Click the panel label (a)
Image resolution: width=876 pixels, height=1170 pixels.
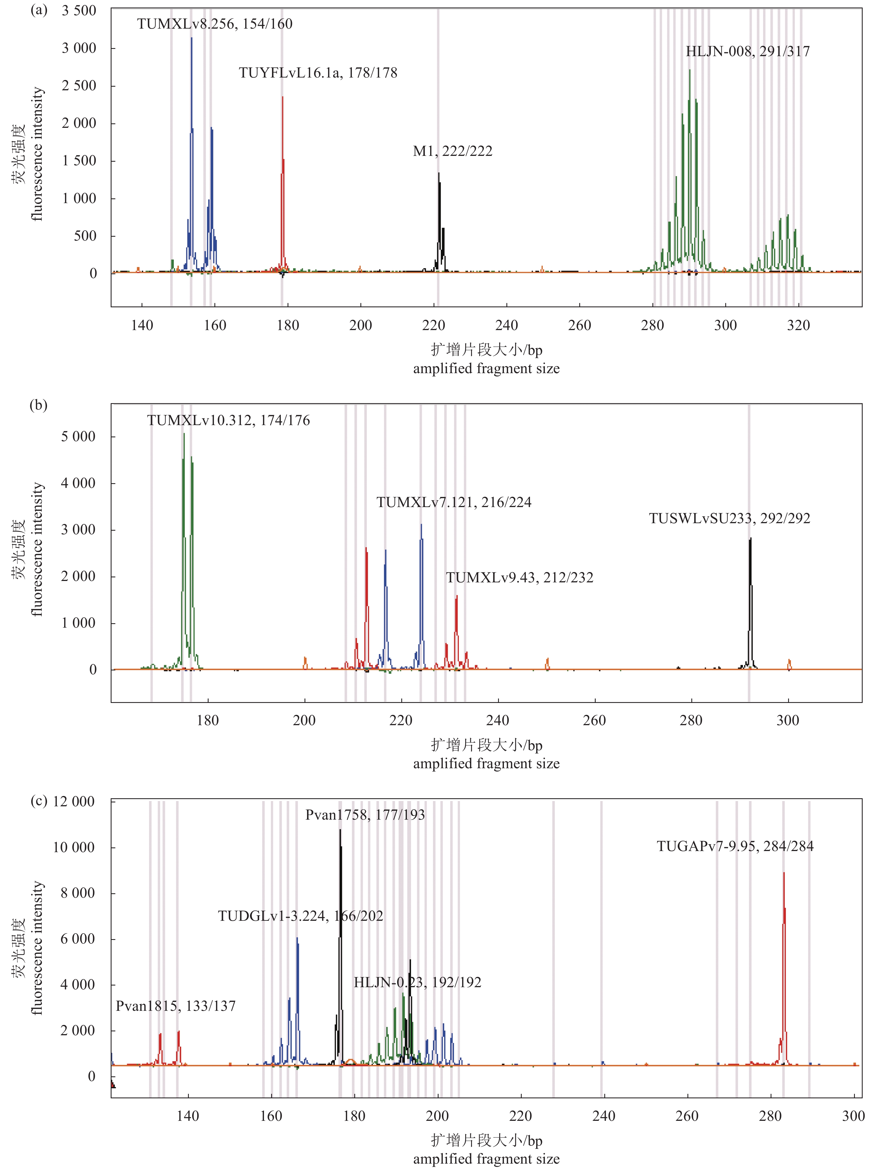tap(39, 10)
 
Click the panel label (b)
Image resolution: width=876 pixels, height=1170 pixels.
tap(39, 405)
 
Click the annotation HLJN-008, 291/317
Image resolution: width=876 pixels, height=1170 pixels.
tap(747, 51)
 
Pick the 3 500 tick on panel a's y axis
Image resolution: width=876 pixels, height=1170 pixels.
tap(79, 11)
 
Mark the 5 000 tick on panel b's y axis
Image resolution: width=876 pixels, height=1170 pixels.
tap(78, 436)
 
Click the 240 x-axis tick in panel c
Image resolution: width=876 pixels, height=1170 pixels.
tap(603, 1116)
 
